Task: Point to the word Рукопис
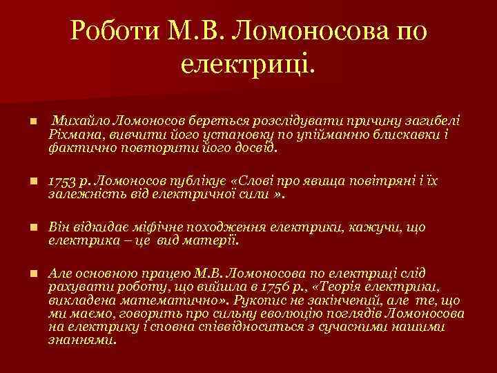click(x=262, y=300)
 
